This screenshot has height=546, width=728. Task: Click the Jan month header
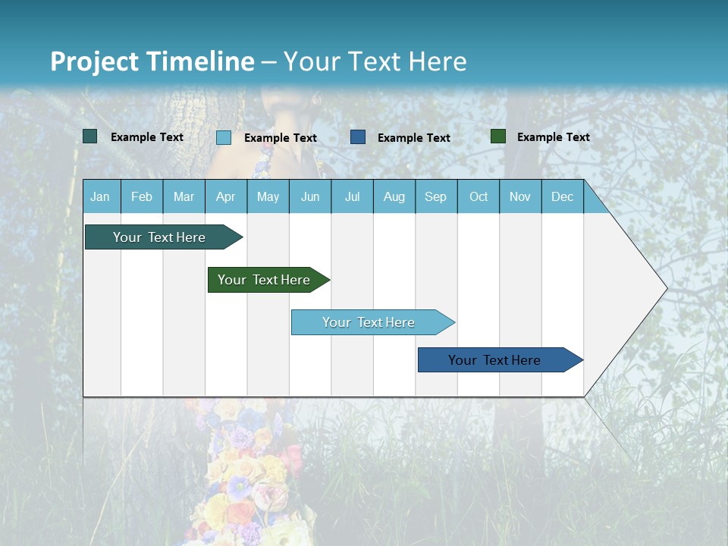[x=100, y=197]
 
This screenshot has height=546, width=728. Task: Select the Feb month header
[x=142, y=197]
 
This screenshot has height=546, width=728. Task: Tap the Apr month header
[x=226, y=197]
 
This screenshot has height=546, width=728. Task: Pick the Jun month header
[x=310, y=197]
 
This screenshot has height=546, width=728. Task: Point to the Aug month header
[x=394, y=197]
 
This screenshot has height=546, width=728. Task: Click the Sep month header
[x=436, y=197]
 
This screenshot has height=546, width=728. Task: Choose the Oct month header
[x=479, y=197]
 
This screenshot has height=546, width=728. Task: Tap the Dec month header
[x=563, y=197]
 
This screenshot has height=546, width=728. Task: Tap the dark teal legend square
[x=89, y=136]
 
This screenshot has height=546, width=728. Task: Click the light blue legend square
[x=223, y=137]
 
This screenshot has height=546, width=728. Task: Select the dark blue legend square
[x=358, y=137]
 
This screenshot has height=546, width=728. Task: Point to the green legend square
[x=497, y=136]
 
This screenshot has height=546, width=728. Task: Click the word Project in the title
[x=94, y=61]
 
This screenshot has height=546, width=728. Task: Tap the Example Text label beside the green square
[x=553, y=137]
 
